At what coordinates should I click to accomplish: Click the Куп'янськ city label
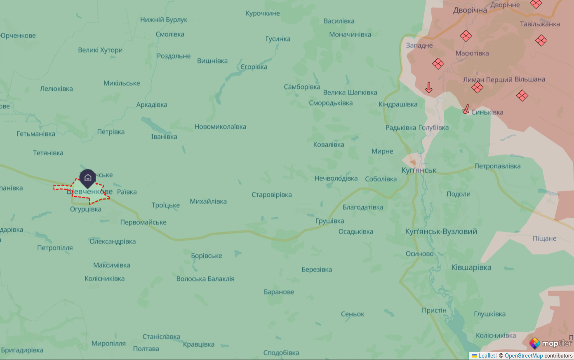click(419, 170)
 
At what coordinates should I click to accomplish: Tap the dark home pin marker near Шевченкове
click(87, 178)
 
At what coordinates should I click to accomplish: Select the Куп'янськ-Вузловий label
click(441, 231)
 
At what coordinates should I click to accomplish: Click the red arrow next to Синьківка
click(466, 109)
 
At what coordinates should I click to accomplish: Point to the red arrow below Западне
click(429, 87)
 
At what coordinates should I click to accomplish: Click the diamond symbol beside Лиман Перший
click(477, 87)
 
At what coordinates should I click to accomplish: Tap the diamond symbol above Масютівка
click(466, 36)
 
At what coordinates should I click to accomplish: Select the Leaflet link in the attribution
click(486, 355)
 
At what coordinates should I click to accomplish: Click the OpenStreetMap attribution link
click(523, 355)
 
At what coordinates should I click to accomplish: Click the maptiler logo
click(550, 343)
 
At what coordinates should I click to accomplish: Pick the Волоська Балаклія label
click(205, 279)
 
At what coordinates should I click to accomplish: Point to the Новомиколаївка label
click(220, 127)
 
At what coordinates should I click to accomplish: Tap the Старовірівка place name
click(271, 195)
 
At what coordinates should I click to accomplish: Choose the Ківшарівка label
click(471, 268)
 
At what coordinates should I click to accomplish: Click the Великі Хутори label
click(100, 50)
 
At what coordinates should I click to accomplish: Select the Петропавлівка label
click(497, 166)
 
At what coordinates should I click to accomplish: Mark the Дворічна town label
click(470, 10)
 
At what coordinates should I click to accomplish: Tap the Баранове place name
click(279, 292)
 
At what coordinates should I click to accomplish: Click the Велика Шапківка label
click(350, 92)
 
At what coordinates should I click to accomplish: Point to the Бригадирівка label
click(22, 350)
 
